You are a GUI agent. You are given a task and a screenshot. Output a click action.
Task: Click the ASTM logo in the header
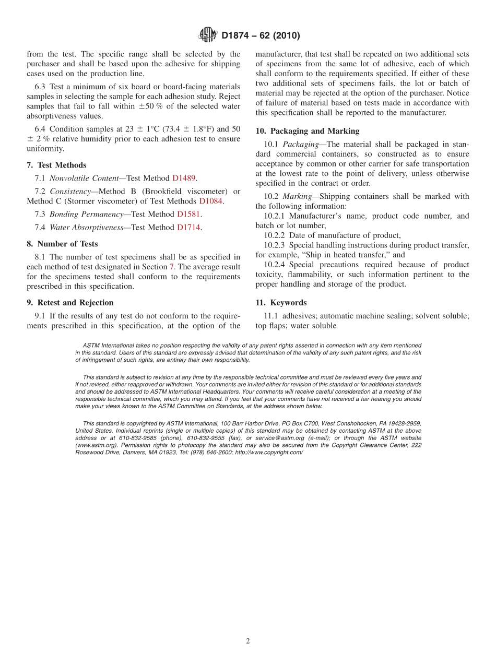coord(208,35)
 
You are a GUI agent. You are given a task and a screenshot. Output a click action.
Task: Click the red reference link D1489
coord(184,178)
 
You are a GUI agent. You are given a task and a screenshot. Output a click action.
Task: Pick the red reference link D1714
coord(189,227)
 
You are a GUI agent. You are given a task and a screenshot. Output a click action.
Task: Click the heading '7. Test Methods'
coord(56,165)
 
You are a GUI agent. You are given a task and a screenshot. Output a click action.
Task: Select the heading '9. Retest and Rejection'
coord(70,302)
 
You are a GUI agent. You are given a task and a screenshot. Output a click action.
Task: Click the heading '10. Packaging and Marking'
coord(307,131)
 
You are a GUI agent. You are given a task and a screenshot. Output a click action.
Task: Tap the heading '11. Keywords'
coord(281,302)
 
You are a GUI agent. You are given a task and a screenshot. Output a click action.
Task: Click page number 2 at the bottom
coord(248,642)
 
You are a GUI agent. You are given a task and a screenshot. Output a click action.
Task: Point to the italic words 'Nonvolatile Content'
coord(84,178)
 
